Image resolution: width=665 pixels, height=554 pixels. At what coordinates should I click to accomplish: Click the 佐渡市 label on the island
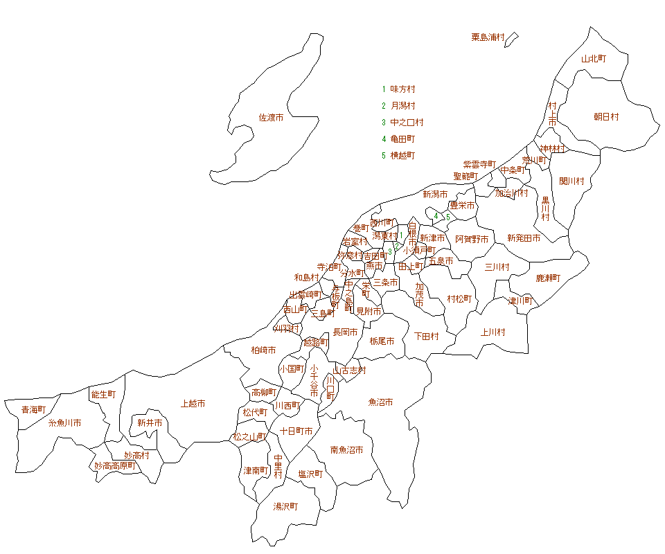[271, 118]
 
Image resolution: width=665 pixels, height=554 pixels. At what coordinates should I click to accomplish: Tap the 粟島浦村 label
[488, 37]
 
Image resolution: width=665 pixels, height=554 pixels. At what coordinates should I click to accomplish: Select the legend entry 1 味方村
[398, 89]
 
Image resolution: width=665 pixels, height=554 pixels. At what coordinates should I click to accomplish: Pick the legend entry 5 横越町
[398, 155]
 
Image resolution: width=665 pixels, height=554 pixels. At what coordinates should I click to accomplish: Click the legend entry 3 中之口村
[402, 123]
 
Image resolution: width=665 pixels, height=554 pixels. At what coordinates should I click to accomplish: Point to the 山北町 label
[594, 60]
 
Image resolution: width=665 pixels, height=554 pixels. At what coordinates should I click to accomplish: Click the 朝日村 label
[606, 117]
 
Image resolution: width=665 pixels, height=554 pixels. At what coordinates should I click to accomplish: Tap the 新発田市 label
[524, 238]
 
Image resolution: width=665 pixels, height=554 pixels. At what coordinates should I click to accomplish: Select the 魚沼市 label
[380, 402]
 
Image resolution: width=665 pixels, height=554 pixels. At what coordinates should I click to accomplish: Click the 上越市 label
[193, 403]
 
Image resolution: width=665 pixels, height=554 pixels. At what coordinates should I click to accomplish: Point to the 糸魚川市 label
[64, 422]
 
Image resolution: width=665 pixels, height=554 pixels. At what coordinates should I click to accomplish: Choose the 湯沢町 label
[285, 507]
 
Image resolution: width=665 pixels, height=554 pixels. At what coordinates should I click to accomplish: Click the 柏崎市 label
[263, 350]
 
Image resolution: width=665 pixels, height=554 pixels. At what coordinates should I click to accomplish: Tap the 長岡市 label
[345, 332]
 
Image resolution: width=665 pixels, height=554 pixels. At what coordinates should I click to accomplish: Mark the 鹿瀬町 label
[548, 278]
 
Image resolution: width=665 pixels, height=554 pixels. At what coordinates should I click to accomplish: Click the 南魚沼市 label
[346, 450]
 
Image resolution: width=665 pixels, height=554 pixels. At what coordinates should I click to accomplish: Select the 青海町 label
[33, 410]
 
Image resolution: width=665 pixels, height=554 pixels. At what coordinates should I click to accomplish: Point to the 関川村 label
[571, 181]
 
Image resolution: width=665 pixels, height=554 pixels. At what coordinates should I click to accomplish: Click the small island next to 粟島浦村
[511, 39]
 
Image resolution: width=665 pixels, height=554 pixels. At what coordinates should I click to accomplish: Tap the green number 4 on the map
[436, 216]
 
